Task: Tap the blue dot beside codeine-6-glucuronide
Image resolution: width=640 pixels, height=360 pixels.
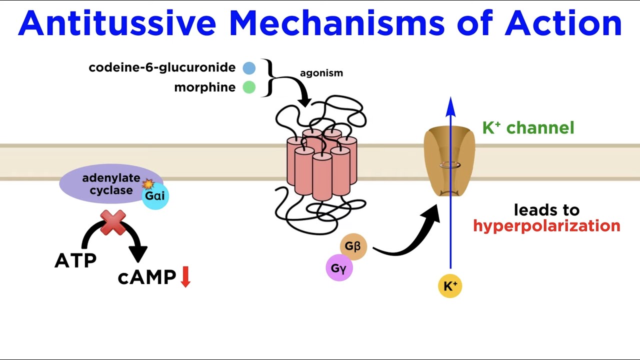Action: point(249,68)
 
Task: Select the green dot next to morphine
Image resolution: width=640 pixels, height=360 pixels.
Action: point(249,87)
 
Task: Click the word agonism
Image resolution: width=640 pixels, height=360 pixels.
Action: point(321,73)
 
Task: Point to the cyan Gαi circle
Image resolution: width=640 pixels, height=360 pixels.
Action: point(155,195)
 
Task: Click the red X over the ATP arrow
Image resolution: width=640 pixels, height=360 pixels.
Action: point(113,222)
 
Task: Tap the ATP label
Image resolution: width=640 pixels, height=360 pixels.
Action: point(75,260)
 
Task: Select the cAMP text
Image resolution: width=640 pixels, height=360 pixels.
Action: point(147,277)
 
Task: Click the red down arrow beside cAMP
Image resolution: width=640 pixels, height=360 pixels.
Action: point(185,277)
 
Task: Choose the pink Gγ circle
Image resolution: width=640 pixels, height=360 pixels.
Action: point(339,268)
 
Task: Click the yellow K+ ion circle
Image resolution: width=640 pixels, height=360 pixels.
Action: point(449,286)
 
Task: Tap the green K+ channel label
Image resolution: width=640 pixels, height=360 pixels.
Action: point(528,128)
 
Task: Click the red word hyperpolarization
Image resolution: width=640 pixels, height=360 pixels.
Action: point(546,226)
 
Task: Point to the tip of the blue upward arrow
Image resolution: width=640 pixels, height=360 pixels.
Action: point(450,99)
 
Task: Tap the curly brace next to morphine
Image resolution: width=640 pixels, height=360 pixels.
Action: point(268,77)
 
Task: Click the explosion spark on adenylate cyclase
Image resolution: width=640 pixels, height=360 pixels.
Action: point(148,184)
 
